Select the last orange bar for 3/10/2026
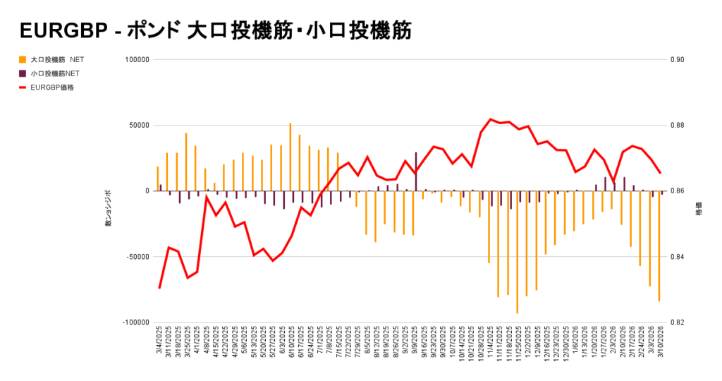pyautogui.click(x=659, y=246)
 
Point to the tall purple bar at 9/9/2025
pyautogui.click(x=416, y=171)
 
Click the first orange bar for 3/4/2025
pyautogui.click(x=158, y=179)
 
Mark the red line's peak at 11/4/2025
pyautogui.click(x=490, y=119)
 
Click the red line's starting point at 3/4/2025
pyautogui.click(x=160, y=288)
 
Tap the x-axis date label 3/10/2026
pyautogui.click(x=661, y=342)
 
